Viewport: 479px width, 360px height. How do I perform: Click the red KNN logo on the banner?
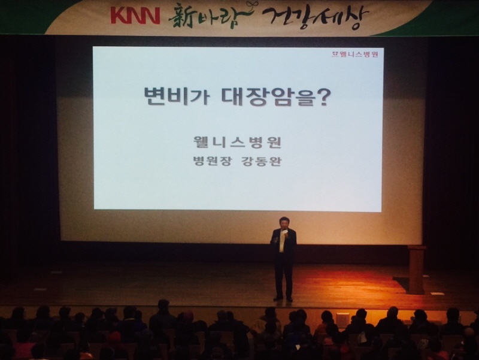point(135,16)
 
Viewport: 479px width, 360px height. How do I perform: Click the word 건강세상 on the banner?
point(315,17)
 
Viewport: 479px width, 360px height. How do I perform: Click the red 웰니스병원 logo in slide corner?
point(355,55)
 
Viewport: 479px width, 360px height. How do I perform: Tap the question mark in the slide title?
point(322,96)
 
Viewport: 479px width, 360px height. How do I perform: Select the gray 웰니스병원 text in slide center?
point(237,142)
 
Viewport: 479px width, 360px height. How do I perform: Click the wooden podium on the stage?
point(416,270)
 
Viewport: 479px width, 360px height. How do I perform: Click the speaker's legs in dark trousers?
point(283,278)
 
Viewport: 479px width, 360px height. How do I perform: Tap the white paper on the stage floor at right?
point(437,294)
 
